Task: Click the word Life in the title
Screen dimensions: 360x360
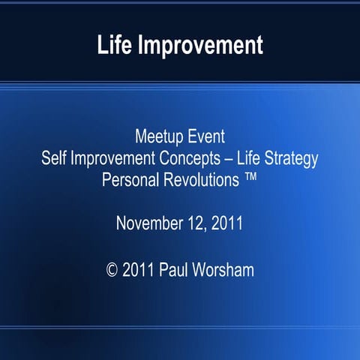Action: click(114, 45)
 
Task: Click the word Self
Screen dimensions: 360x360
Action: click(54, 159)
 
